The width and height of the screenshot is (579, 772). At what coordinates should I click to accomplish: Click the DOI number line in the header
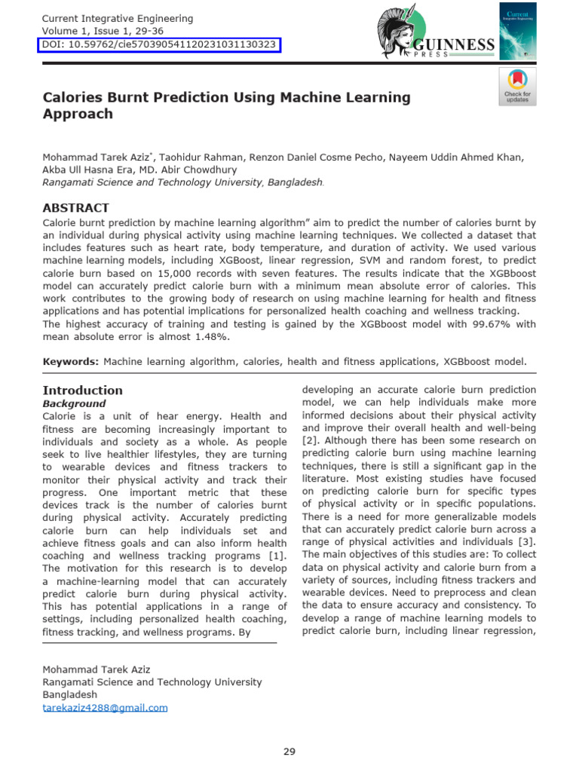[159, 45]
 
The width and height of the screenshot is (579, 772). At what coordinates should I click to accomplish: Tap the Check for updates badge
[517, 86]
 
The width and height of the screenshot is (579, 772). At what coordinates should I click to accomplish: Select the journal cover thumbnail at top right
[518, 30]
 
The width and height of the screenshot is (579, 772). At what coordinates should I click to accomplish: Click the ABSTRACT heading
[75, 207]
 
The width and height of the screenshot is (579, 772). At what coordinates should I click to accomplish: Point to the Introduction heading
[82, 390]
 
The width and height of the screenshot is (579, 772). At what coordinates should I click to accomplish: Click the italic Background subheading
[74, 403]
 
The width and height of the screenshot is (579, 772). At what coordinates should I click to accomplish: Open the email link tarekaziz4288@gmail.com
[105, 707]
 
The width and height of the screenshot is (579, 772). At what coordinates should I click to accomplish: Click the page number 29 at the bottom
[289, 751]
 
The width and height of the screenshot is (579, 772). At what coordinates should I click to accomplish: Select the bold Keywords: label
[71, 362]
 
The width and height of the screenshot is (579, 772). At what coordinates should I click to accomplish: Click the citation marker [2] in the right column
[309, 440]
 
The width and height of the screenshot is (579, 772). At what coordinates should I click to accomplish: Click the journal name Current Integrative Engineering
[118, 18]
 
